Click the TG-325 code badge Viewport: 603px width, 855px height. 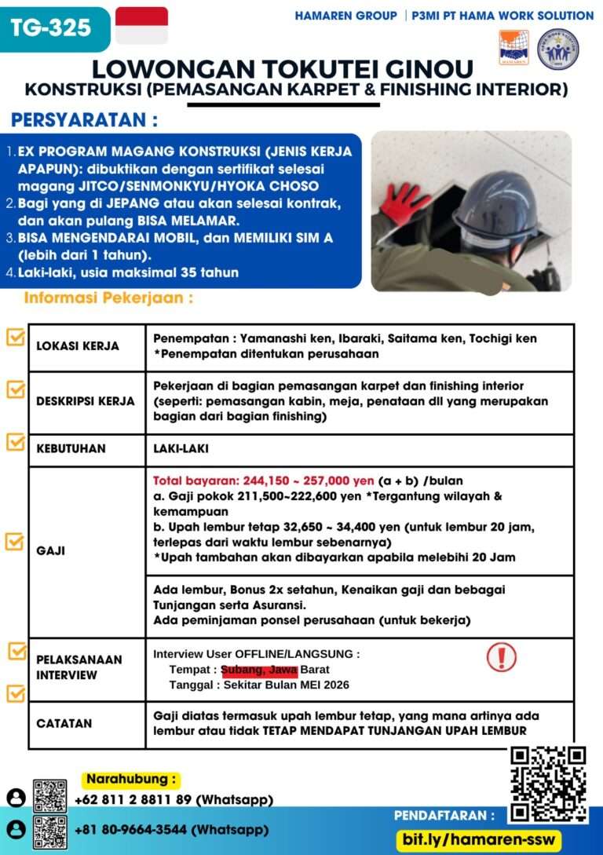click(x=50, y=28)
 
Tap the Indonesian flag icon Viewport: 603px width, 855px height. click(x=141, y=25)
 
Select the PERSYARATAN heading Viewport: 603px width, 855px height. click(x=84, y=121)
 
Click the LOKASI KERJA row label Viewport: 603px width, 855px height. click(x=78, y=346)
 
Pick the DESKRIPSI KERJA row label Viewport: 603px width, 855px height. click(x=86, y=400)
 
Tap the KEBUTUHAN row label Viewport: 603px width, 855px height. click(x=71, y=449)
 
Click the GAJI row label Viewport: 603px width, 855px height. click(x=51, y=550)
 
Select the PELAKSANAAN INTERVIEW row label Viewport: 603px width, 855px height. click(x=79, y=667)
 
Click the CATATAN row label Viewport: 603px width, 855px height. click(x=64, y=723)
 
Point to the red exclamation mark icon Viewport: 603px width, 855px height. click(x=501, y=656)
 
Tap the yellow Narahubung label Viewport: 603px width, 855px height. click(x=131, y=780)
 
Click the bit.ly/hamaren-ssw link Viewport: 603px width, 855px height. click(x=478, y=839)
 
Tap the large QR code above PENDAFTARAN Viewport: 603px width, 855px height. click(x=547, y=784)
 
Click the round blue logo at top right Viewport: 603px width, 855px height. click(x=557, y=49)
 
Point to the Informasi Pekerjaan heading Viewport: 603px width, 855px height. click(x=108, y=298)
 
